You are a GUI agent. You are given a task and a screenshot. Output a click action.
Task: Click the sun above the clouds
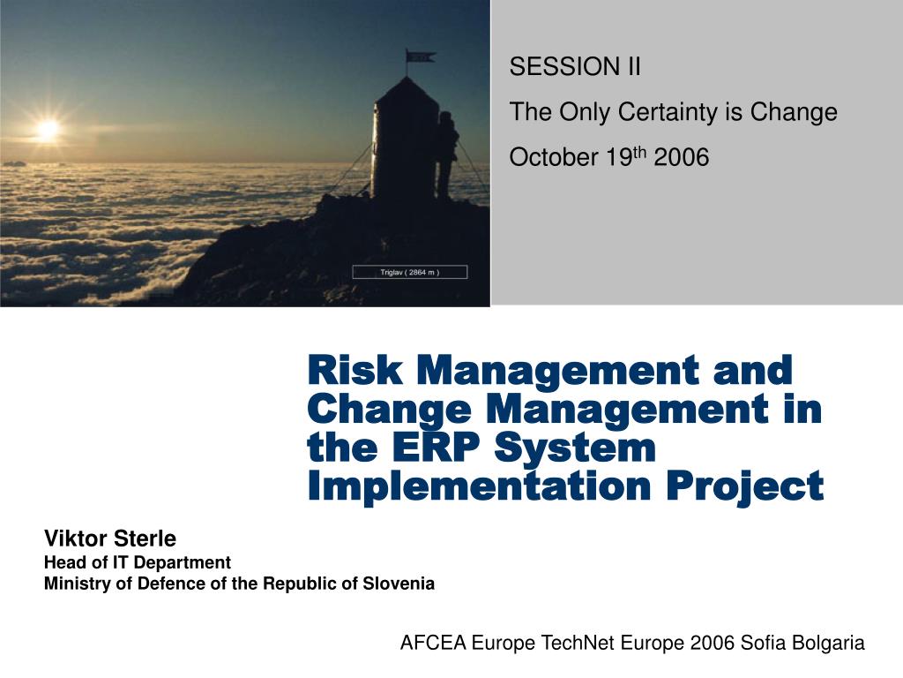pyautogui.click(x=48, y=130)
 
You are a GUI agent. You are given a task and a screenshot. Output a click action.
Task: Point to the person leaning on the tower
pyautogui.click(x=448, y=154)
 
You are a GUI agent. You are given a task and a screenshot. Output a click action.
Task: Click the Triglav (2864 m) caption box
pyautogui.click(x=409, y=272)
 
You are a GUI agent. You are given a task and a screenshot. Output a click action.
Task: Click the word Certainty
pyautogui.click(x=688, y=112)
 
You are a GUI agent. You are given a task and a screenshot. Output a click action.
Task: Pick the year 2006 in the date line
pyautogui.click(x=681, y=158)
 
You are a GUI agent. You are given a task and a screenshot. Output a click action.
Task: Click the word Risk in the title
pyautogui.click(x=351, y=369)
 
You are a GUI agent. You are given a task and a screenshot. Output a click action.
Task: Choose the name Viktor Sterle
pyautogui.click(x=110, y=539)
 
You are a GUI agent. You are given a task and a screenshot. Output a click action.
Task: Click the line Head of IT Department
pyautogui.click(x=138, y=562)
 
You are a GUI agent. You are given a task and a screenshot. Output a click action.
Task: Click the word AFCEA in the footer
pyautogui.click(x=433, y=644)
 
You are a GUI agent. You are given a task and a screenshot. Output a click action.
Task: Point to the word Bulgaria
pyautogui.click(x=829, y=644)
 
